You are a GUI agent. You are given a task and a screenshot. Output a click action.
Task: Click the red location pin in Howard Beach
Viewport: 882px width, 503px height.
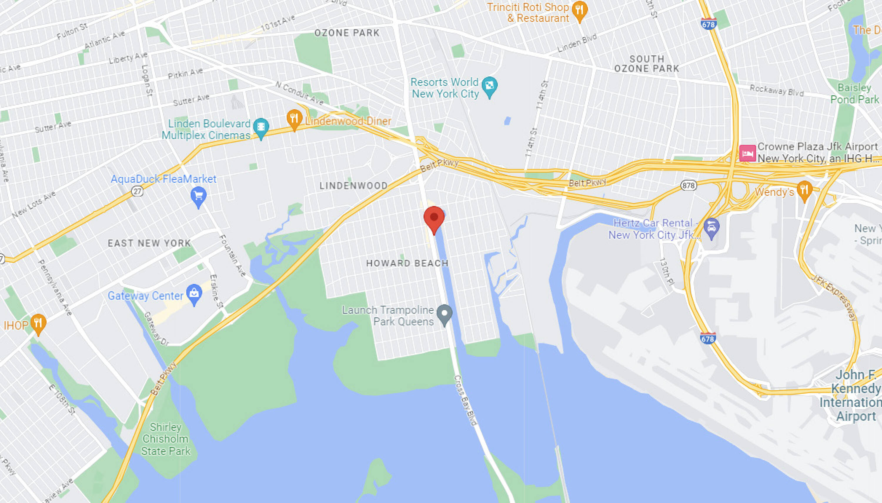434,219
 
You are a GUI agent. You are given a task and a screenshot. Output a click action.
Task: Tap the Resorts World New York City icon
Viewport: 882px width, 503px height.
489,85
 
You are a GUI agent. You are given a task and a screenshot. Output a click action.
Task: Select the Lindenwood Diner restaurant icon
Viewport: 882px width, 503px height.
294,119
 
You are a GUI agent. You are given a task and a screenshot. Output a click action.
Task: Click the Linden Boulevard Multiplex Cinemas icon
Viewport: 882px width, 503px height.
261,127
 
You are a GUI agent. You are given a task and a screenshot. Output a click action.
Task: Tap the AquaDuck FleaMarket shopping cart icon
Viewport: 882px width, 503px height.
198,196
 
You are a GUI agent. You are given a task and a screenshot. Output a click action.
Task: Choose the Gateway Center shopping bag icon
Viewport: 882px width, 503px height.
194,294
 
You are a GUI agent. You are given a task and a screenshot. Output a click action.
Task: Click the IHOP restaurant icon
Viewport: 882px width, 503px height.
38,323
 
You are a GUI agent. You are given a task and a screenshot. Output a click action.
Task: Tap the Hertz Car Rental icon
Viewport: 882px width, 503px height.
711,227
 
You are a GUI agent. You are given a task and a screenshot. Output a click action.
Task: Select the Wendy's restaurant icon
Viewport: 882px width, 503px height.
804,190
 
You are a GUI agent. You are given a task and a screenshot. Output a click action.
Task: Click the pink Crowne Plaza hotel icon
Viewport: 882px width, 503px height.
747,153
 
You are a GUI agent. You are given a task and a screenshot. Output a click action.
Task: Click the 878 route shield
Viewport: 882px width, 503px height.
688,186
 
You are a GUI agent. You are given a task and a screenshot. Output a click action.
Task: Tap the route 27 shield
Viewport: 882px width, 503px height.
137,191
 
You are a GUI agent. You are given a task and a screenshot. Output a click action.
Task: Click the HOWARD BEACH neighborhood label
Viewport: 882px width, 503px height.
407,263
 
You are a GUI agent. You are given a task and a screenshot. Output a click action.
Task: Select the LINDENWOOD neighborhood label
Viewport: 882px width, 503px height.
353,186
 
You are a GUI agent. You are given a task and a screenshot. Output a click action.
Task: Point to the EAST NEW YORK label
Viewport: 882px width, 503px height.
149,243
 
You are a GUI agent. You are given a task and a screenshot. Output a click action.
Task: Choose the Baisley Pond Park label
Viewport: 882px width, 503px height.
854,94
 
